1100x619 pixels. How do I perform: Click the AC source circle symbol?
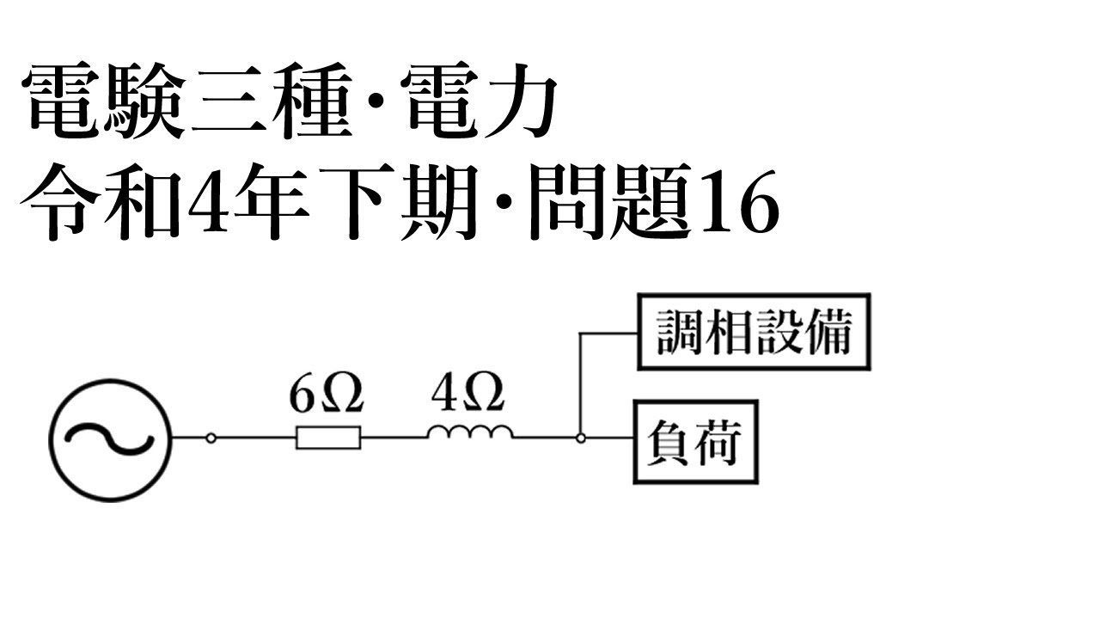point(111,380)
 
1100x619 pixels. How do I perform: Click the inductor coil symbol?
point(470,432)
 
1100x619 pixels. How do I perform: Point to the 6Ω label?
point(326,394)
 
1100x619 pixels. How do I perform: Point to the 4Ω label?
point(467,391)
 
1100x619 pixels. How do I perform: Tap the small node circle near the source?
point(211,438)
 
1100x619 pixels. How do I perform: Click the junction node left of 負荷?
point(580,438)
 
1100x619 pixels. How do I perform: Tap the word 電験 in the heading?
point(104,101)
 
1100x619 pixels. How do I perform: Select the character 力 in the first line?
point(517,101)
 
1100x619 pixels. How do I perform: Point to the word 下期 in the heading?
point(399,201)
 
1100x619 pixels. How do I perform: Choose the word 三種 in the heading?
point(272,101)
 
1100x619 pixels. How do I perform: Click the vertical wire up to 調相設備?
point(580,383)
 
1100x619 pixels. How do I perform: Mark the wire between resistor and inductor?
point(394,438)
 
